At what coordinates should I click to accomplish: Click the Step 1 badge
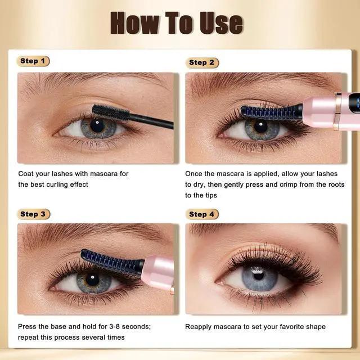[33, 61]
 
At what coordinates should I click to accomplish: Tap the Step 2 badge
[202, 62]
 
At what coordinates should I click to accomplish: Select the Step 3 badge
[33, 214]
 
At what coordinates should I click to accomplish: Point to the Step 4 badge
[202, 214]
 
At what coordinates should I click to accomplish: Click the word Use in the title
[221, 23]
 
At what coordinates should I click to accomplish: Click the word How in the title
[135, 23]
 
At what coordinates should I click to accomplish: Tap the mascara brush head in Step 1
[111, 112]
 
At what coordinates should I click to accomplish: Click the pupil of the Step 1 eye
[97, 125]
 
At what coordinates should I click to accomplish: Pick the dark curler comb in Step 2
[272, 112]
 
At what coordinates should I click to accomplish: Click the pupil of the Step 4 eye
[258, 275]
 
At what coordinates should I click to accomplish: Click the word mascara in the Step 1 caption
[103, 174]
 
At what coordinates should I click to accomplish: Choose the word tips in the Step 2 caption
[211, 196]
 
